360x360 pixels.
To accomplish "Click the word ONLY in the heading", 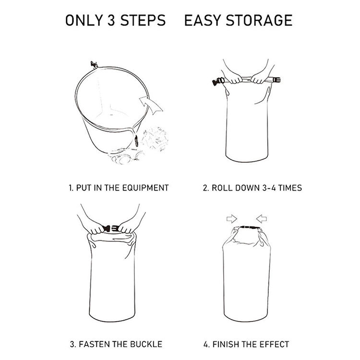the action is click(x=84, y=20).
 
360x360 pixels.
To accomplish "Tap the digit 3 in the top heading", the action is click(x=111, y=20).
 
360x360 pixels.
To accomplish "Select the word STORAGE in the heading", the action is click(x=259, y=20).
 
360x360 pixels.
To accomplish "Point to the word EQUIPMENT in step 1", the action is click(x=145, y=188).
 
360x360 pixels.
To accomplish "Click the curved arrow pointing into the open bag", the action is click(x=151, y=105).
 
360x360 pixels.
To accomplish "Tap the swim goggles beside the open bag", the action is click(x=126, y=156).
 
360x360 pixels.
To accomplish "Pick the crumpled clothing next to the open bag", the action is click(x=155, y=139).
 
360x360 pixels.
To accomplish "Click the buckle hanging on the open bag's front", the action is click(x=136, y=141).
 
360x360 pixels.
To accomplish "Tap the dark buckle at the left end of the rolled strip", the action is click(x=218, y=82).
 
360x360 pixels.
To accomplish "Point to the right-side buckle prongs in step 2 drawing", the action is click(x=276, y=80).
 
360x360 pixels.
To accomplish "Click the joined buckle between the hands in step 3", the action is click(x=111, y=228).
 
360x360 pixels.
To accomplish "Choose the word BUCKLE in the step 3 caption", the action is click(x=146, y=344).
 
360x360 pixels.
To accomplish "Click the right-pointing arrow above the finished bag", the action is click(x=232, y=218).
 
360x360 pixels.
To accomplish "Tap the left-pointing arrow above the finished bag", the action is click(x=262, y=218).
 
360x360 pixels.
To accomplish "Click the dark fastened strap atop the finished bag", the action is click(x=250, y=228).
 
